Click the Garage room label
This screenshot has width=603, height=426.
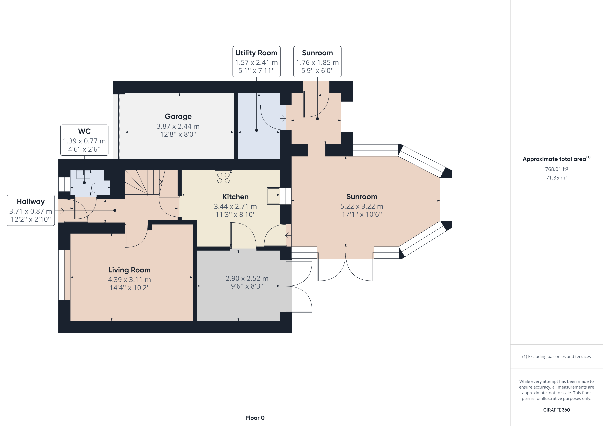click(x=178, y=116)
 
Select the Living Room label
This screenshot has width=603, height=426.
click(x=129, y=270)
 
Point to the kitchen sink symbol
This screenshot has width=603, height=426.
click(x=274, y=196)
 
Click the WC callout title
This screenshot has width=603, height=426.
click(x=84, y=131)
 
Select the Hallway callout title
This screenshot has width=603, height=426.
click(x=31, y=202)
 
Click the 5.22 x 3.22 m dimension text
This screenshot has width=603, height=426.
click(x=362, y=206)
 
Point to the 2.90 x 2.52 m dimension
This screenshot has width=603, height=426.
click(x=247, y=278)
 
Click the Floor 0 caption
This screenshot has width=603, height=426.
click(x=255, y=418)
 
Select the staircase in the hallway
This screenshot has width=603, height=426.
click(x=151, y=183)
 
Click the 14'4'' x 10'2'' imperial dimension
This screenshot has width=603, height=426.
click(x=129, y=288)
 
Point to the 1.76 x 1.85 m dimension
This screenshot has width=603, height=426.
click(x=317, y=63)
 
